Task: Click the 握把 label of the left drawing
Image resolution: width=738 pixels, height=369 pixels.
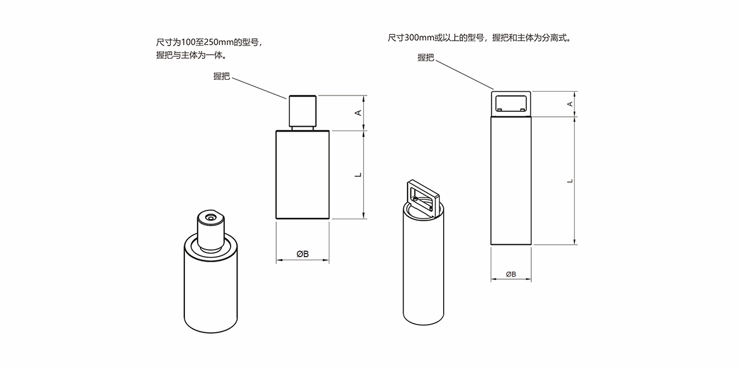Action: [222, 76]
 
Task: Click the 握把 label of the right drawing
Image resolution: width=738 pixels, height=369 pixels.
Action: [426, 57]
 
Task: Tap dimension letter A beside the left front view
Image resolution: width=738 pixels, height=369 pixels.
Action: [358, 112]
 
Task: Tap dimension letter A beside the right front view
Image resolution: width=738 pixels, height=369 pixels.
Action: [569, 104]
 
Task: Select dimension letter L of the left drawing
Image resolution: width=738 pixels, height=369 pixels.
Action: [358, 175]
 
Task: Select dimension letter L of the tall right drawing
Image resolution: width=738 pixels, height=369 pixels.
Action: [569, 180]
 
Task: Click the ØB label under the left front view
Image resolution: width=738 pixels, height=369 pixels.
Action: [302, 253]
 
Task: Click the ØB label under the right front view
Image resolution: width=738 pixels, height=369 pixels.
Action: [511, 273]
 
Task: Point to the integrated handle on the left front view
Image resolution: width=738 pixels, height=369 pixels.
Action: [303, 111]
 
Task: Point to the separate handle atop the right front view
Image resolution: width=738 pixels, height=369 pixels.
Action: [511, 102]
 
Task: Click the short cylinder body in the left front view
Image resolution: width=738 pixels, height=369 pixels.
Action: [302, 175]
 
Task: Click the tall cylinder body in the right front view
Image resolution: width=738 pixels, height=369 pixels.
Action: [511, 181]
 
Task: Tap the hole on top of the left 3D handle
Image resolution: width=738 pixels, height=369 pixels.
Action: [210, 217]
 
